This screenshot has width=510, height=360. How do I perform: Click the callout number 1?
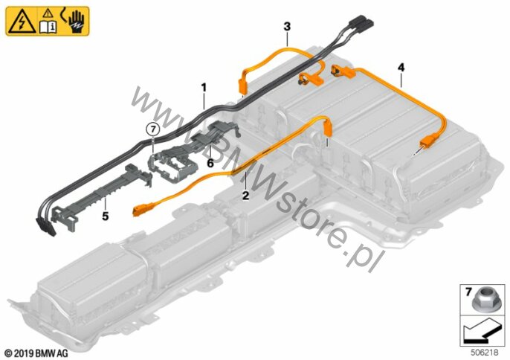click(204, 88)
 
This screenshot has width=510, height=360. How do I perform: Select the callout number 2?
click(245, 196)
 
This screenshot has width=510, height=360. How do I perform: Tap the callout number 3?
click(287, 26)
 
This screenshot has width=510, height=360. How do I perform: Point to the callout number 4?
click(401, 68)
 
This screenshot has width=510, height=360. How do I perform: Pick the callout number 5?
click(105, 216)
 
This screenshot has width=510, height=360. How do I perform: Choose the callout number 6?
click(210, 163)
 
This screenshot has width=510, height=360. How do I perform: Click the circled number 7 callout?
click(153, 129)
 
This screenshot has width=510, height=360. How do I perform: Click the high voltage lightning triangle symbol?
click(22, 22)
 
